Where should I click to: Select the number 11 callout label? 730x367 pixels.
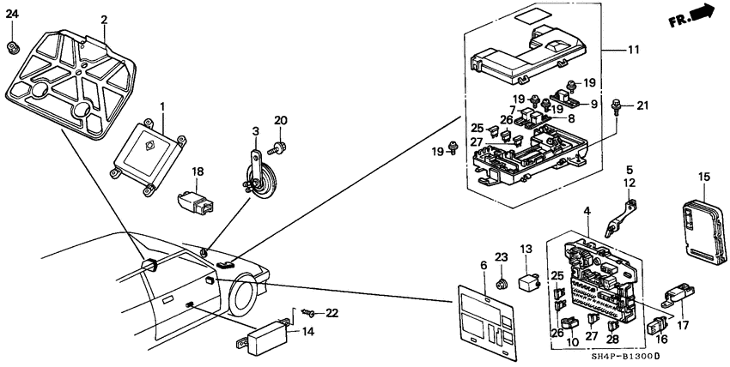[633, 51]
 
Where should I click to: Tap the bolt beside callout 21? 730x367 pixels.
[616, 108]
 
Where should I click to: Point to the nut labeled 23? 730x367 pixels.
[501, 279]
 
